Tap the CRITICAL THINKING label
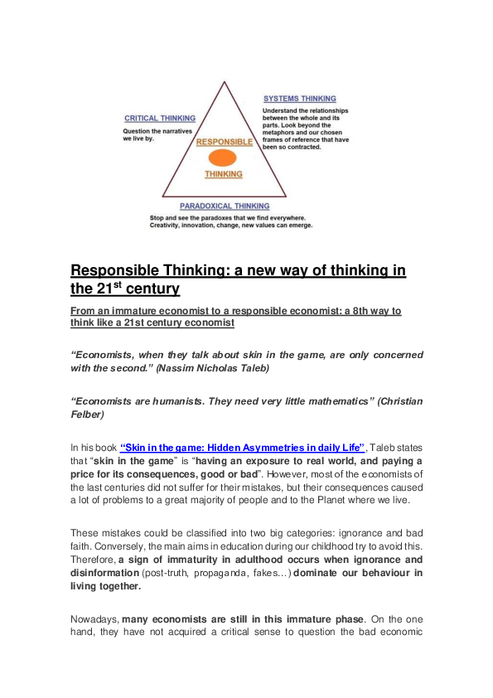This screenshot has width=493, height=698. pos(160,119)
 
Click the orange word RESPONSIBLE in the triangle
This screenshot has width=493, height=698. pos(224,142)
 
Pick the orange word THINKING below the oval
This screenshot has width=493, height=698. pos(224,174)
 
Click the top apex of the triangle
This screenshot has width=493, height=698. pos(223,81)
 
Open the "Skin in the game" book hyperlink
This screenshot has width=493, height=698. pos(243,446)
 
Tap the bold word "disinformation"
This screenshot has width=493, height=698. pos(99,573)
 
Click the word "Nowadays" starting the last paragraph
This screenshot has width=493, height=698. pos(95,620)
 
